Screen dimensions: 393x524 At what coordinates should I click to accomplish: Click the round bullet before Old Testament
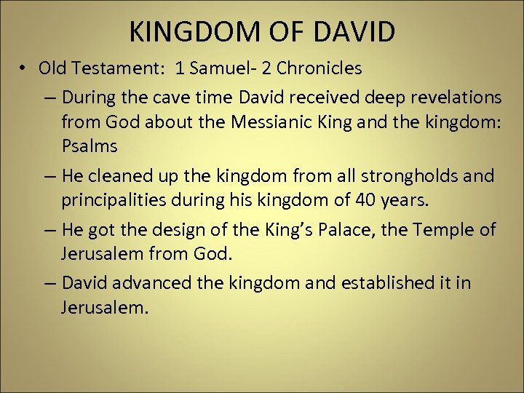point(24,68)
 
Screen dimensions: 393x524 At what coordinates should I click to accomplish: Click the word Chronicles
point(319,68)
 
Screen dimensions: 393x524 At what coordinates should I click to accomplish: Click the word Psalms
point(89,146)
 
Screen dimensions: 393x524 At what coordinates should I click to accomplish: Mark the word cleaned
point(120,175)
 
